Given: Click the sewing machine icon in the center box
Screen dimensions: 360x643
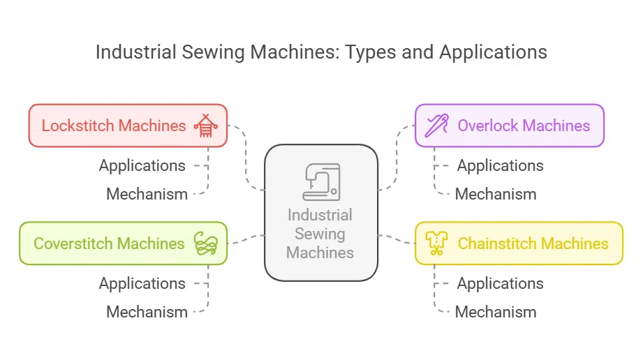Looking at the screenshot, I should (321, 181).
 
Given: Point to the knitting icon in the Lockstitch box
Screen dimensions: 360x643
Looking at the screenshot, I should (206, 126).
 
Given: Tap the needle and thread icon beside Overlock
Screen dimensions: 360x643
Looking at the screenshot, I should (437, 126).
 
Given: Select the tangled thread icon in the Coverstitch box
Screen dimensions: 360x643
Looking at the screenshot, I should (206, 243).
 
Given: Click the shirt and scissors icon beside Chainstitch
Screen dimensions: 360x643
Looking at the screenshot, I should (436, 243).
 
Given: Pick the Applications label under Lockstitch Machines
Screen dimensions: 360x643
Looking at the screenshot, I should (142, 165).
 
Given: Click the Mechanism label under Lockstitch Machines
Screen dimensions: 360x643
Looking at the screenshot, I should (147, 194).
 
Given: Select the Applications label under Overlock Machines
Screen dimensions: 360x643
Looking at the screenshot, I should (500, 165).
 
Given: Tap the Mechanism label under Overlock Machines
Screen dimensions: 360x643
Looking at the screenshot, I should (496, 194).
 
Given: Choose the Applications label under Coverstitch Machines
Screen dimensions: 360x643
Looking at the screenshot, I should (142, 283).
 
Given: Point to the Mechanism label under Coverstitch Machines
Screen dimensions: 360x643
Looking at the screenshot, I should (147, 312).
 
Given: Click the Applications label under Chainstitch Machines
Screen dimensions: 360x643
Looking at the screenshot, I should (500, 283).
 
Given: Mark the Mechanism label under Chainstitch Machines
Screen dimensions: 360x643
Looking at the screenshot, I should (496, 312).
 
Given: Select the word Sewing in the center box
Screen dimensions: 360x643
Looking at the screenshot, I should (320, 234).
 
